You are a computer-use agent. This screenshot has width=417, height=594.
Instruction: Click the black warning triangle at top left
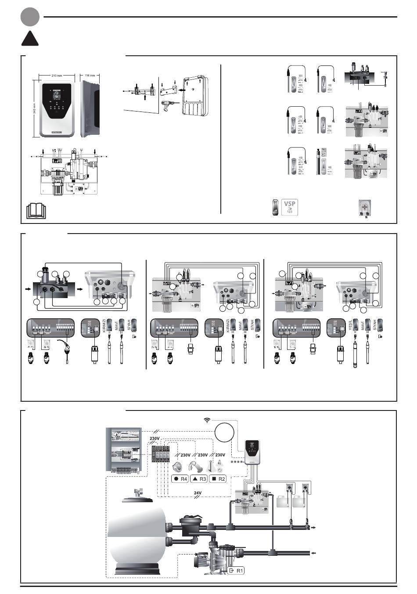(x=30, y=40)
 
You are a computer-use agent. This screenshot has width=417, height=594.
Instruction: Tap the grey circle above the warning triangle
(x=30, y=17)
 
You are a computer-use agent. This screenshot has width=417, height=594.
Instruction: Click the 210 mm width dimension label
(x=56, y=76)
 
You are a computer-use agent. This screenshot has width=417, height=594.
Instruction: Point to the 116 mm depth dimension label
(x=90, y=76)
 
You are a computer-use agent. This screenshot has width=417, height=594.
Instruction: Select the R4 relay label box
(x=180, y=479)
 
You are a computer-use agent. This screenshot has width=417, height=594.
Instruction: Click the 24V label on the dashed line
(x=198, y=493)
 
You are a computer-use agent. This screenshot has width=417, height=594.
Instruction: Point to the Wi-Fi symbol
(x=207, y=421)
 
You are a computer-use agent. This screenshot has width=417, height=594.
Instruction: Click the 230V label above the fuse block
(x=155, y=439)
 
